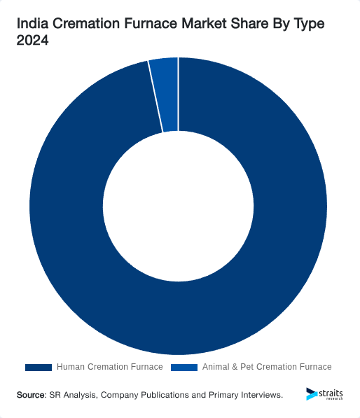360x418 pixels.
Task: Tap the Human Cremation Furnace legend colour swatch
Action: click(x=39, y=367)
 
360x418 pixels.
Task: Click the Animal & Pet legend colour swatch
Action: click(x=184, y=367)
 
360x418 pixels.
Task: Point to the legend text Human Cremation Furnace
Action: click(x=109, y=367)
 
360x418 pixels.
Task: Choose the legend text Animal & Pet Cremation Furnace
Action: click(x=267, y=367)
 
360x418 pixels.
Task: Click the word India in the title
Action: click(x=32, y=25)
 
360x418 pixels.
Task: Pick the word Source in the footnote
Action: click(x=31, y=396)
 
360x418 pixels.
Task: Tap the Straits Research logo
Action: click(x=324, y=394)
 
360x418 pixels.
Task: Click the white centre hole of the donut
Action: click(x=179, y=207)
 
